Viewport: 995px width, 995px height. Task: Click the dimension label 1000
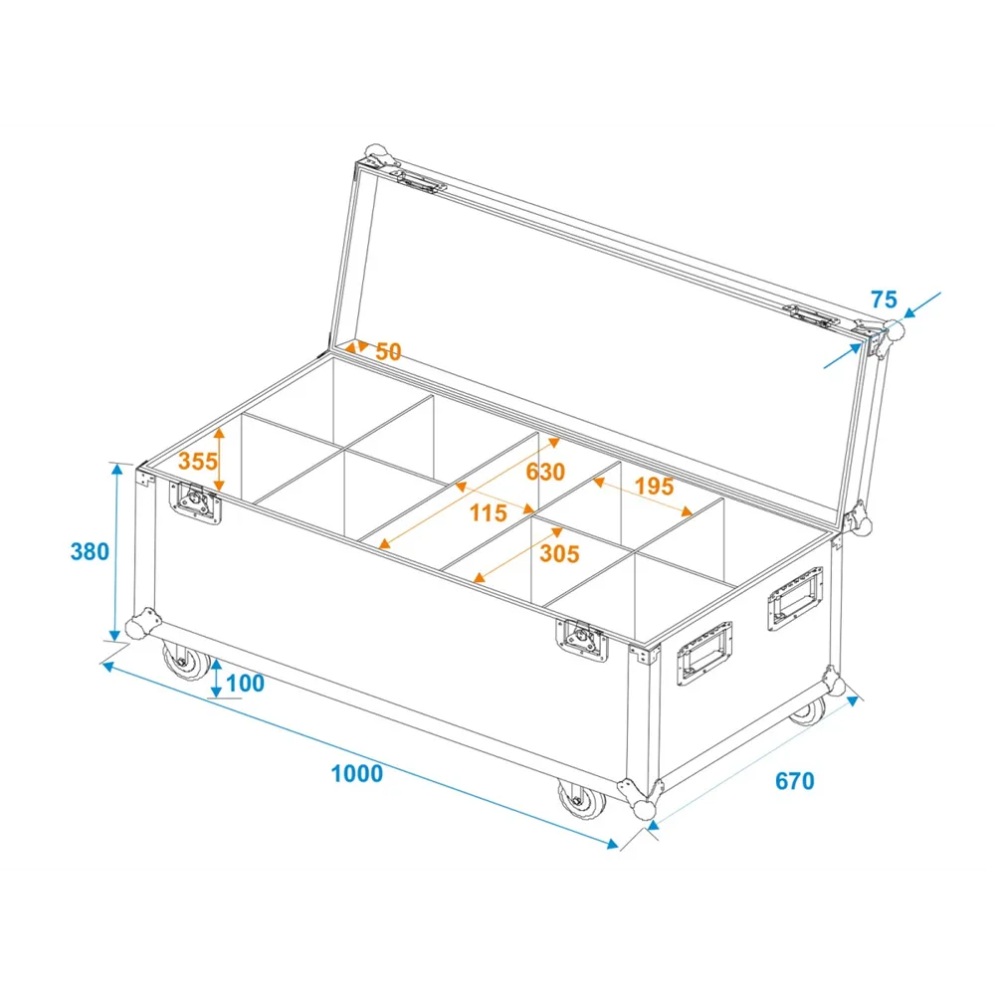[356, 773]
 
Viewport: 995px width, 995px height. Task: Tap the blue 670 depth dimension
[794, 780]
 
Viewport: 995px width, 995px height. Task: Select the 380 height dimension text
[90, 551]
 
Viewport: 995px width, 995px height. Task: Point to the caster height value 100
[245, 684]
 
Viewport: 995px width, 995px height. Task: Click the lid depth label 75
[884, 298]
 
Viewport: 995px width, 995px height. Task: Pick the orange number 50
[388, 351]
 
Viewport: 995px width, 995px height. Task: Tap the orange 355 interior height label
[197, 462]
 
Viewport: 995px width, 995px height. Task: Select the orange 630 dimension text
[545, 472]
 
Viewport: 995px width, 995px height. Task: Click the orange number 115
[488, 512]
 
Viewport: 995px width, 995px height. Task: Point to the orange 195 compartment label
[654, 487]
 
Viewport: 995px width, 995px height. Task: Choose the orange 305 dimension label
[559, 553]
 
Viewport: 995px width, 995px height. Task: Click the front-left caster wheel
[185, 661]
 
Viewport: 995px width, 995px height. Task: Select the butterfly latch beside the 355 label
[195, 501]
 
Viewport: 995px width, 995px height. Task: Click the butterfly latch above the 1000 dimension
[582, 640]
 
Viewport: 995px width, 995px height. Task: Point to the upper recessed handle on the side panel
[794, 599]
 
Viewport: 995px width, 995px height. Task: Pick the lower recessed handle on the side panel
[703, 654]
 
